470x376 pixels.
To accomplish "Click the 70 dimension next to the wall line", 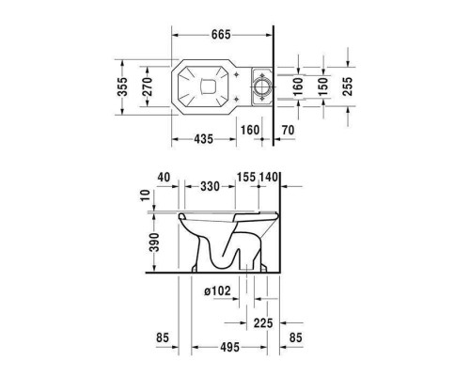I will (289, 130).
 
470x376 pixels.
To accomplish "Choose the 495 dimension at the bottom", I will (229, 347).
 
